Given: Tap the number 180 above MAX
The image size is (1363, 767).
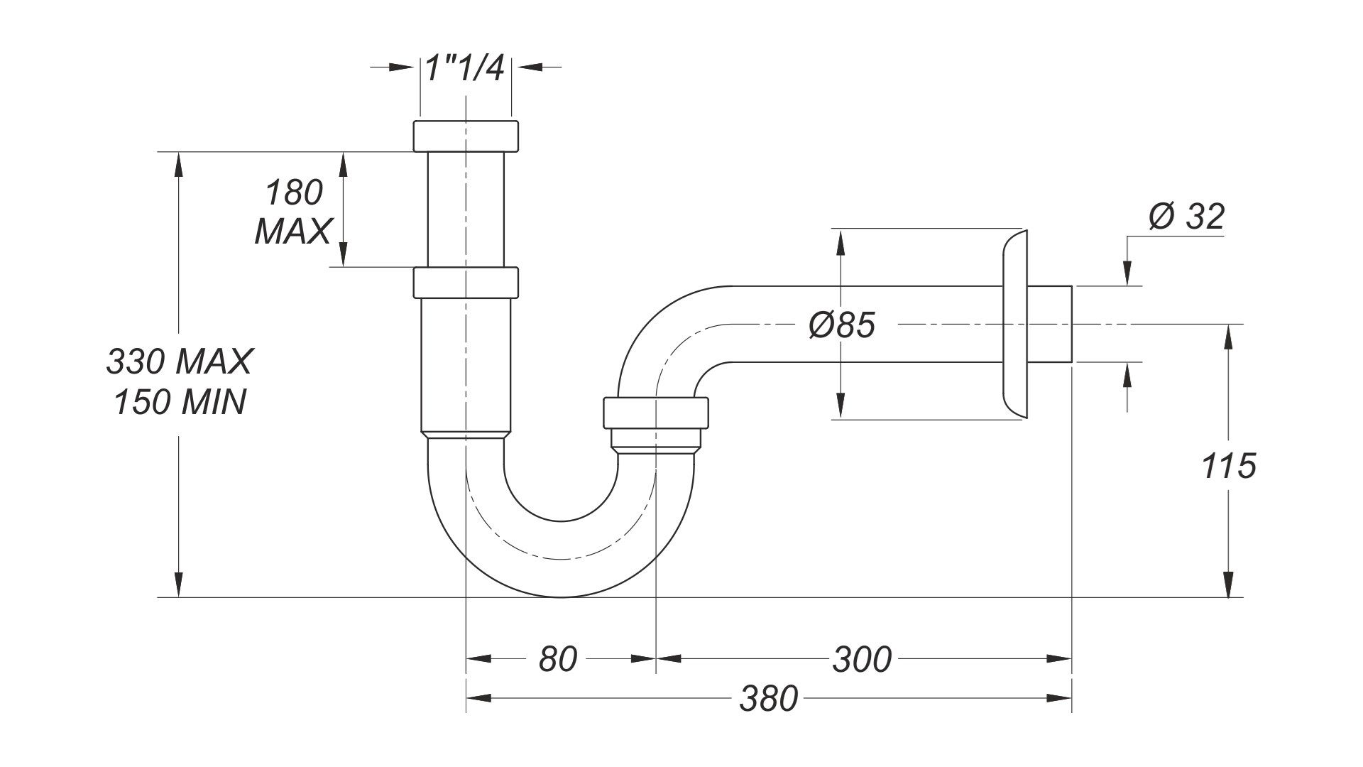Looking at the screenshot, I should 294,193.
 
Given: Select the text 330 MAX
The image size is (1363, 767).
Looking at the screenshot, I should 179,362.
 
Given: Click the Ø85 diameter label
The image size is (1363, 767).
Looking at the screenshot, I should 842,326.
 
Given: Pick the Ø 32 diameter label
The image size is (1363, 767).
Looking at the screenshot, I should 1187,217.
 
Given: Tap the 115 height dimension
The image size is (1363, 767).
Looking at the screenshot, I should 1229,467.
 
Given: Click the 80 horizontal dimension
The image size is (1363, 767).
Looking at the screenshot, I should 557,659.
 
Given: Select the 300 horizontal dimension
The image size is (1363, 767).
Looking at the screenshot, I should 861,659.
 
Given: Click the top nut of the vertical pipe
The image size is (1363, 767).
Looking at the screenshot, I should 466,136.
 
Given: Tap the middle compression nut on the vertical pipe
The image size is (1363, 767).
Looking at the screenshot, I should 466,282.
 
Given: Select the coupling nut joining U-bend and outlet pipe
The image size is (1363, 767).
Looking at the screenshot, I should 656,413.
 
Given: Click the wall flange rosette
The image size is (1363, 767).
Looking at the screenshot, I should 1014,325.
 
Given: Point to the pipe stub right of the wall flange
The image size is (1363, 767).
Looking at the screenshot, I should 1049,325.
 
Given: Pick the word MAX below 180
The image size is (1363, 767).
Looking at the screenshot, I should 292,232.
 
